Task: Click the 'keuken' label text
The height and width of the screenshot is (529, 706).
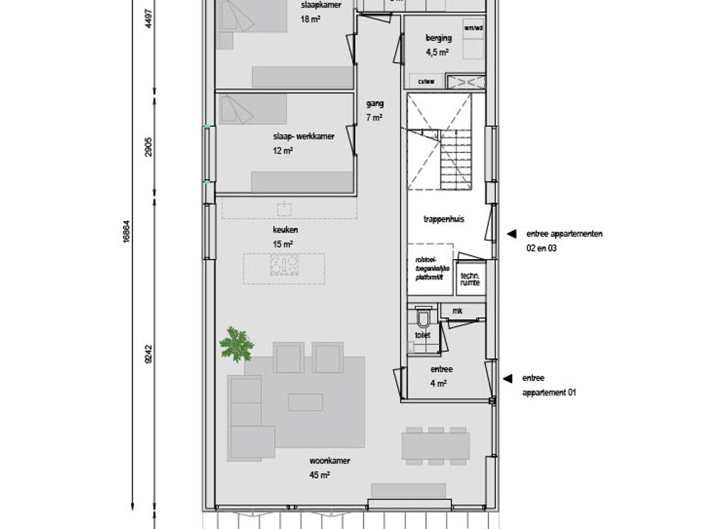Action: tap(285, 230)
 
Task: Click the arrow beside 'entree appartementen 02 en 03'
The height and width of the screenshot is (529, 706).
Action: tap(511, 234)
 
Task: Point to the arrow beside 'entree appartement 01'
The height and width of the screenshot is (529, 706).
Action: tap(507, 378)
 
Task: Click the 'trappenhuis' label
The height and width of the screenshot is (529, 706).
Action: tap(443, 220)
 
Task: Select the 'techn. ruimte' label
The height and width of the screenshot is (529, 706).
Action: tap(470, 278)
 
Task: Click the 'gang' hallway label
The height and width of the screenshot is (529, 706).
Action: tap(375, 104)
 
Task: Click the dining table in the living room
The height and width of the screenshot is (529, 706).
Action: tap(436, 445)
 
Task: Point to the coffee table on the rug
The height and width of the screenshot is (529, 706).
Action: tap(305, 402)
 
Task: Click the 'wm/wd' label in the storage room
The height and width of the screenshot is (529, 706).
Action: tap(474, 28)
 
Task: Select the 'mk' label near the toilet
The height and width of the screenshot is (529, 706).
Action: tap(456, 311)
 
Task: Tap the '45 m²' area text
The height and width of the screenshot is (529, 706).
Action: tap(320, 475)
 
